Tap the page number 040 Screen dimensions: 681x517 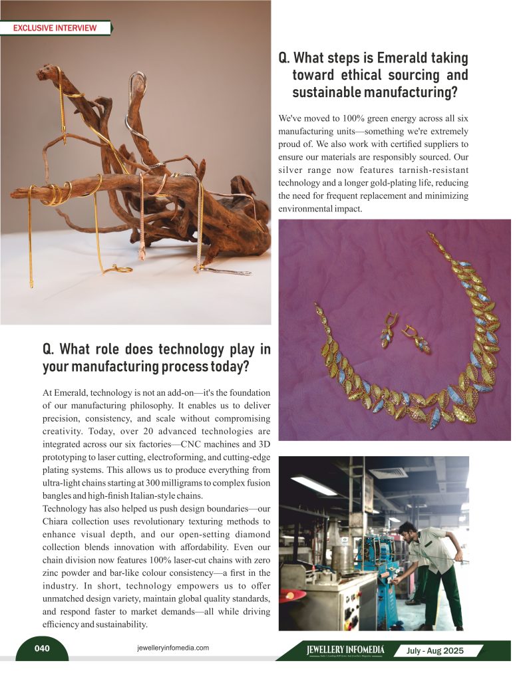(41, 648)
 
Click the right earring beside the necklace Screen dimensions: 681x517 (419, 340)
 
